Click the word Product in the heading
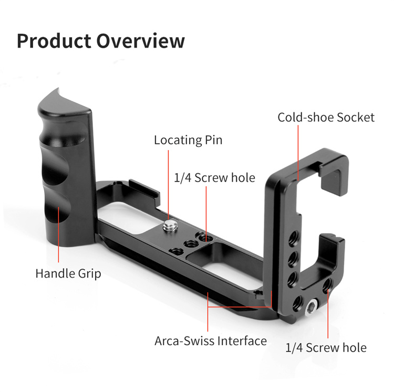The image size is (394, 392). [x=54, y=41]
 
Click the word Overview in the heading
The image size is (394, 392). [x=140, y=41]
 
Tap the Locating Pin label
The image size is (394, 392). [x=188, y=140]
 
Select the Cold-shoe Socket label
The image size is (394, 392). [x=326, y=117]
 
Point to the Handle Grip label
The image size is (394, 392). [x=68, y=274]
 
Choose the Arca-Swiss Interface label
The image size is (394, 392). [x=211, y=341]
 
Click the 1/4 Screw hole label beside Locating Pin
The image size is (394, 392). [x=214, y=178]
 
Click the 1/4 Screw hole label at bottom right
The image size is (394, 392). [x=326, y=347]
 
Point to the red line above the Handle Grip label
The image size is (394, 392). [x=58, y=235]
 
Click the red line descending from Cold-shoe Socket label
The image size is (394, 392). [x=298, y=153]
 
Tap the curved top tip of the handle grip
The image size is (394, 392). [x=58, y=88]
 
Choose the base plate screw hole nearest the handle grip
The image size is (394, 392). [x=176, y=251]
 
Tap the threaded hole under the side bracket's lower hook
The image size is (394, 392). [x=327, y=285]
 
